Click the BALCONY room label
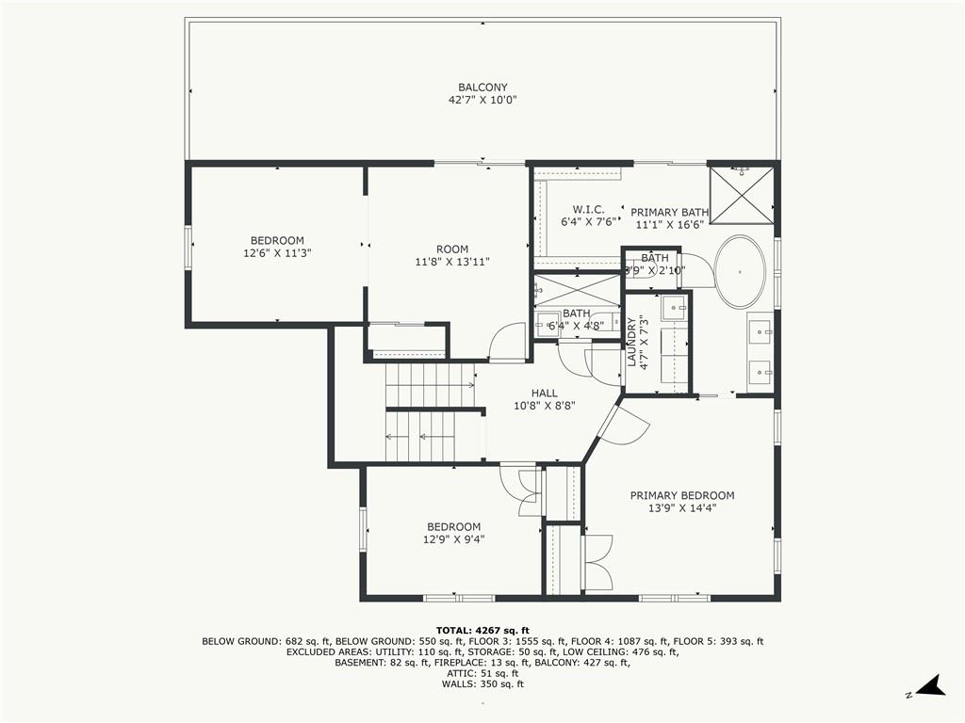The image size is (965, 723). (x=482, y=88)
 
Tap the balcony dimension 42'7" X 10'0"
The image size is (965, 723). (x=482, y=100)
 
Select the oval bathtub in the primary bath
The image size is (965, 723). (x=740, y=269)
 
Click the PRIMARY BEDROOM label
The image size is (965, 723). (x=682, y=495)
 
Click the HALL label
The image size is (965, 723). (x=544, y=394)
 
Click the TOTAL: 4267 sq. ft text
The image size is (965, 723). (x=482, y=630)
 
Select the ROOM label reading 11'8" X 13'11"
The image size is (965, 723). (x=452, y=249)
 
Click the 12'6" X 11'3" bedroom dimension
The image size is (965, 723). (x=277, y=252)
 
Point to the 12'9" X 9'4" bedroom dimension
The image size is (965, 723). (x=453, y=539)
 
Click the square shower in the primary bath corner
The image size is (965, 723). (x=742, y=195)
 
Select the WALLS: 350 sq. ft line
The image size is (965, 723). (x=482, y=684)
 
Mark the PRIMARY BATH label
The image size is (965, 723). (x=669, y=213)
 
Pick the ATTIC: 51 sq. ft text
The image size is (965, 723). (x=482, y=674)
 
